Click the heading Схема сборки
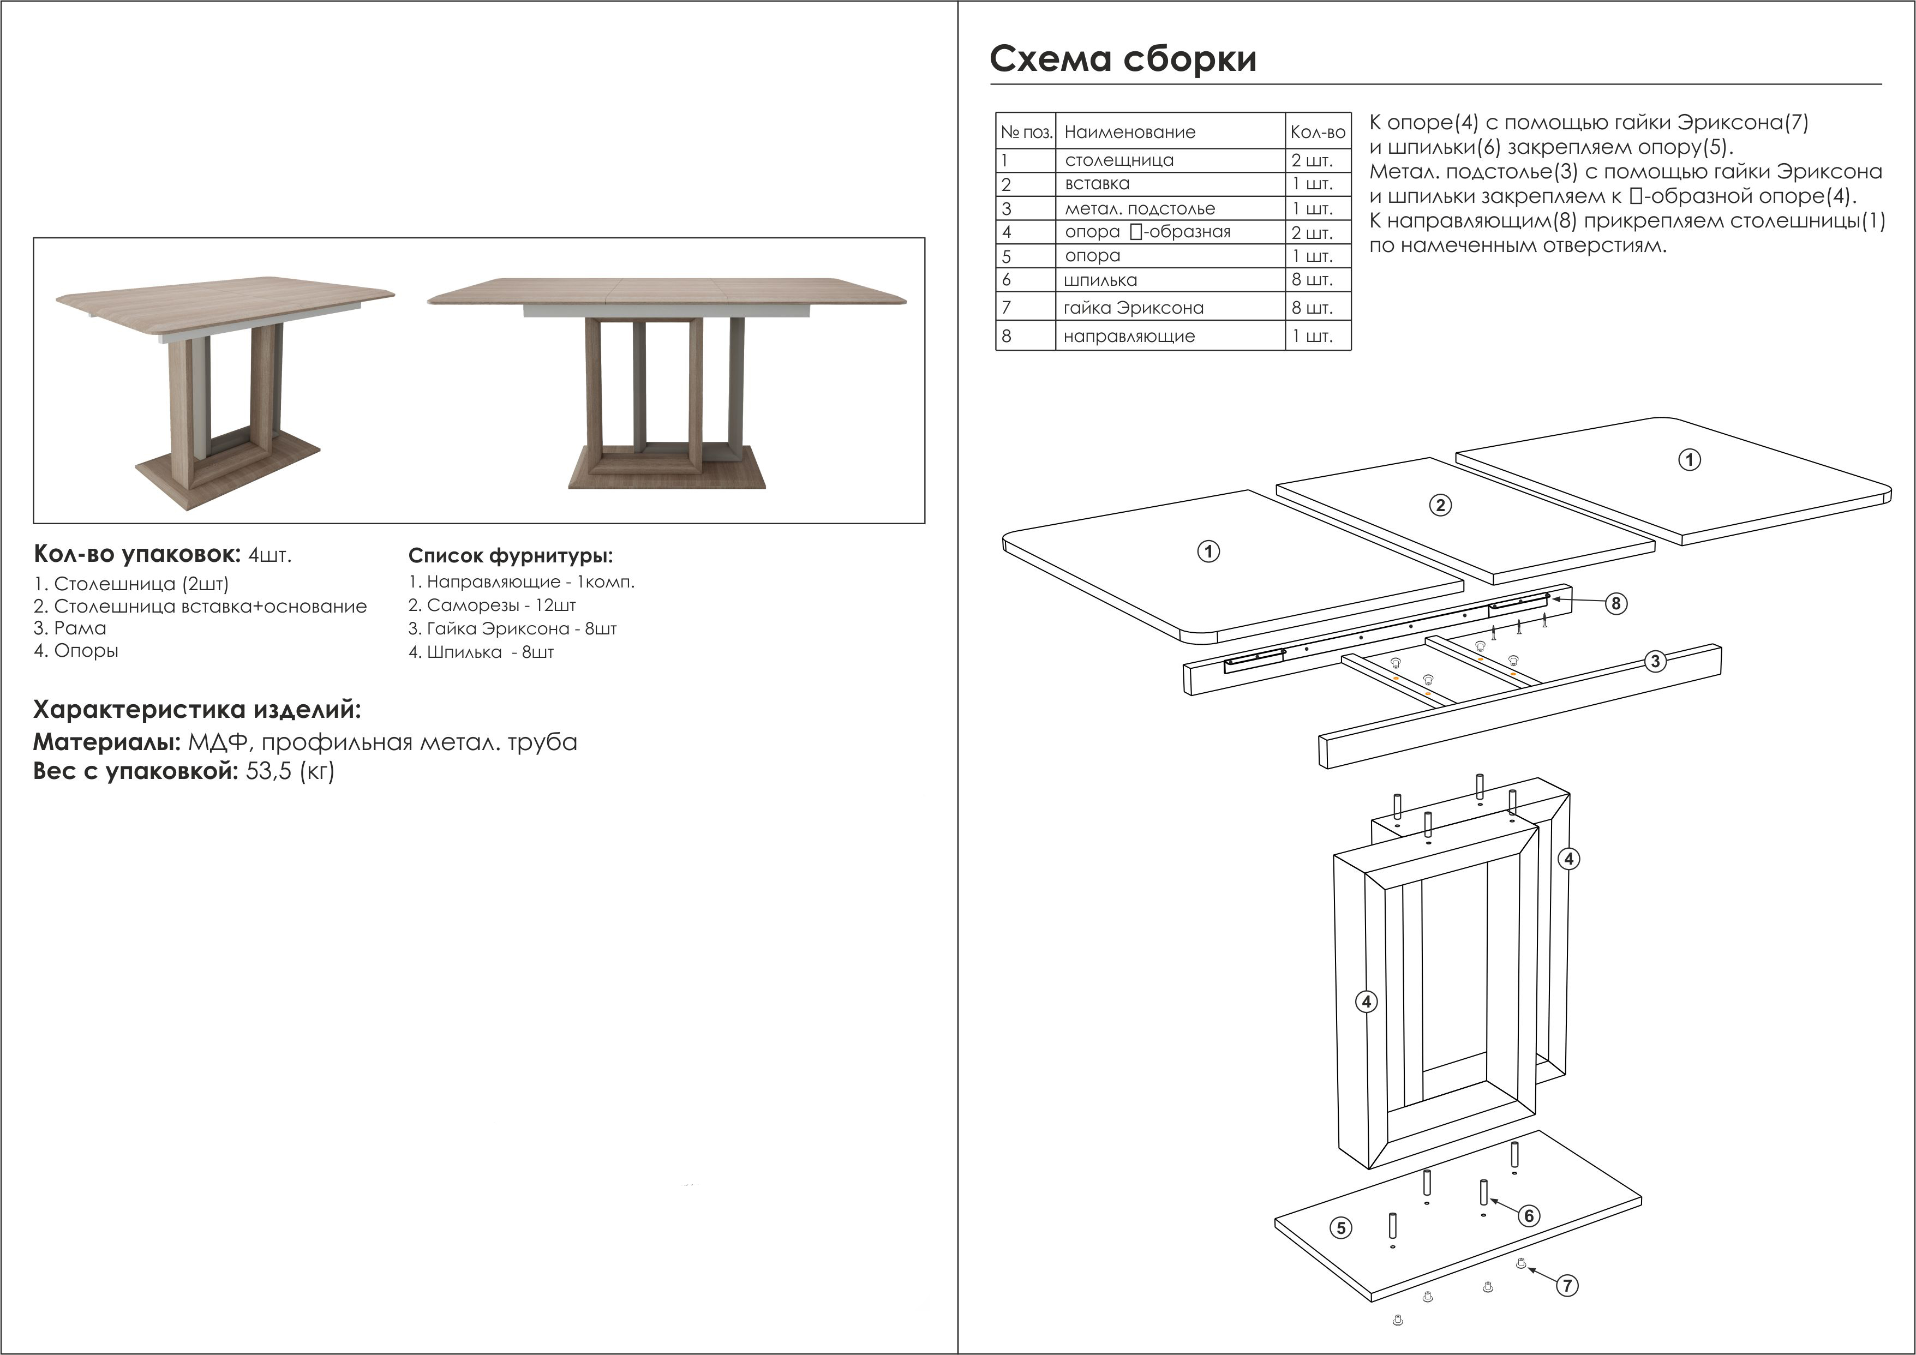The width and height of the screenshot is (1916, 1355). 1122,59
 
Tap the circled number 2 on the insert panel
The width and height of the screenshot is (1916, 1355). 1440,505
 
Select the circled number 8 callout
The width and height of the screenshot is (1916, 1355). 1616,603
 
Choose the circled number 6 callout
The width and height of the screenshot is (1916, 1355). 1529,1216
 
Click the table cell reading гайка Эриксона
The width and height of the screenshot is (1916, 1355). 1133,308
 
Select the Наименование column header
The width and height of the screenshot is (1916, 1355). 1129,132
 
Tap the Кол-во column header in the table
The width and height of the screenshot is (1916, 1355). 1318,132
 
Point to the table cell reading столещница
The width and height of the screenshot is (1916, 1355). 1119,160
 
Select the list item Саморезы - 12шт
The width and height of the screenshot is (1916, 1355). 492,605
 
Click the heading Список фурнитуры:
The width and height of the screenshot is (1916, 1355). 510,556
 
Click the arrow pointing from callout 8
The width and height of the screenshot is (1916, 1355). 1577,600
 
